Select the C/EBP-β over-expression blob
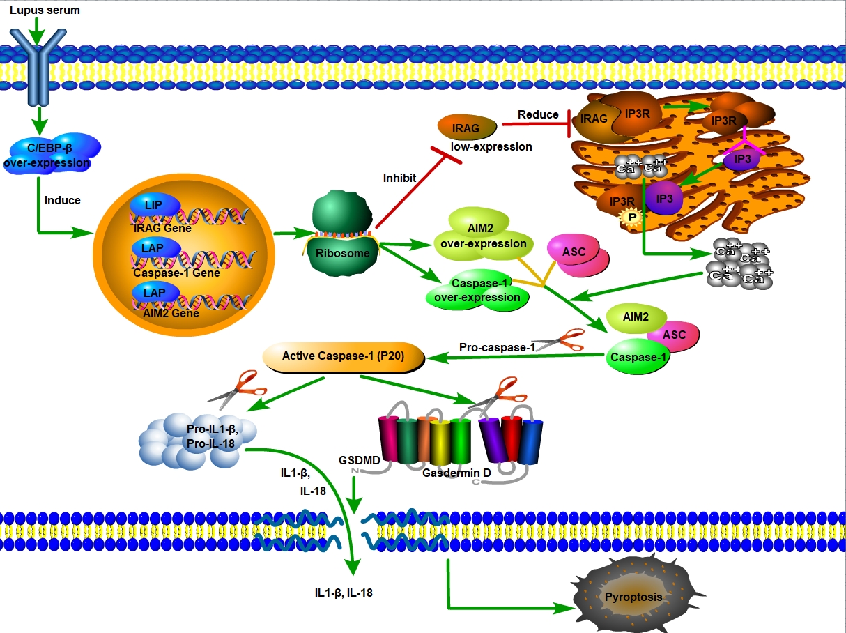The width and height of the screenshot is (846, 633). click(x=50, y=155)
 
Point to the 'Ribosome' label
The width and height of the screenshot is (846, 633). click(x=343, y=253)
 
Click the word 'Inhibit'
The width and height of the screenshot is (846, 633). click(x=399, y=178)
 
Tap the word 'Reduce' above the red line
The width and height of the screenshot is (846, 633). click(x=538, y=114)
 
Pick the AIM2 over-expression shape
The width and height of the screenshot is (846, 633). click(x=481, y=236)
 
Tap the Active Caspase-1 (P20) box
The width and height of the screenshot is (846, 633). click(x=344, y=356)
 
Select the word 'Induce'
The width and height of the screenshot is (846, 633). click(x=63, y=200)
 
